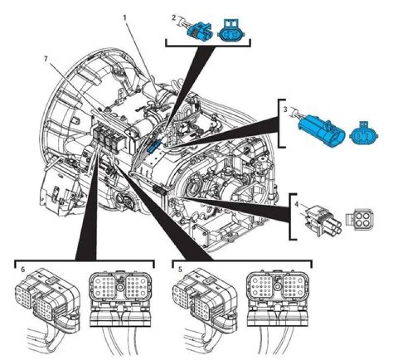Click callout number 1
tap(125, 17)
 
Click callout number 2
tap(174, 17)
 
